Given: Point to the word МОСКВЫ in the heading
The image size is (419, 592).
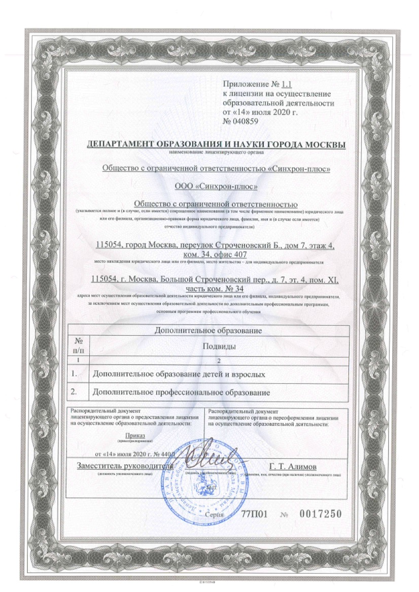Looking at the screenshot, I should point(323,145).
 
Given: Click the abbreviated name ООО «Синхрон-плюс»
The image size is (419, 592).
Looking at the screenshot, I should point(216,186).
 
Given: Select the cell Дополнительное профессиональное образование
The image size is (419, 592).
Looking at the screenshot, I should point(180,392).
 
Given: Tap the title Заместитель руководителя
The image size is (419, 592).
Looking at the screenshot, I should point(125,466).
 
